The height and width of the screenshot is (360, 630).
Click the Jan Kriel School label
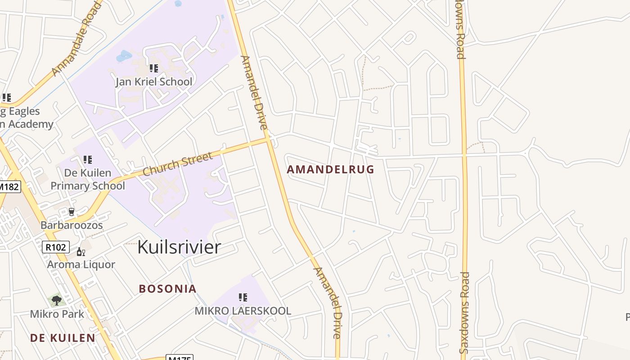[x=154, y=82]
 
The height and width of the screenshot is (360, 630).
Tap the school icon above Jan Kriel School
[x=154, y=68]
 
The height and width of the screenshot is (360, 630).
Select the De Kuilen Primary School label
[x=88, y=179]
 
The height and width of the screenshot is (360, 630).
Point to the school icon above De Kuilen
[x=88, y=159]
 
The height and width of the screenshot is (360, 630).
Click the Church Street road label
[x=177, y=164]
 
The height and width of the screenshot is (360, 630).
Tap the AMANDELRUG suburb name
[x=330, y=170]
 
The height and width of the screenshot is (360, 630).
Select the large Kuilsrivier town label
[x=179, y=247]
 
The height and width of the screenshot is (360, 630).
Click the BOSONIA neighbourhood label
[x=167, y=289]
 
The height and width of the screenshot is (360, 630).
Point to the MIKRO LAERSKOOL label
[x=243, y=311]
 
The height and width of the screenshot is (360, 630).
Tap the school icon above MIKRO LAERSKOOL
[x=243, y=297]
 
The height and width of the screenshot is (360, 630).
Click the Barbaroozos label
[x=72, y=225]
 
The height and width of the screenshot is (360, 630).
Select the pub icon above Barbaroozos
[x=71, y=212]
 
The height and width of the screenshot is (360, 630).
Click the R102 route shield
[x=56, y=247]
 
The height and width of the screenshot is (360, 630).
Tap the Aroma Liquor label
[x=81, y=265]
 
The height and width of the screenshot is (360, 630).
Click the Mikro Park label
[x=57, y=314]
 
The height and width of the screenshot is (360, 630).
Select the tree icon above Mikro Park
[x=56, y=300]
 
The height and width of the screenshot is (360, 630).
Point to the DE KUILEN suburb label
[x=63, y=338]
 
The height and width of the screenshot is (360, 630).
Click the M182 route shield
[x=9, y=186]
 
